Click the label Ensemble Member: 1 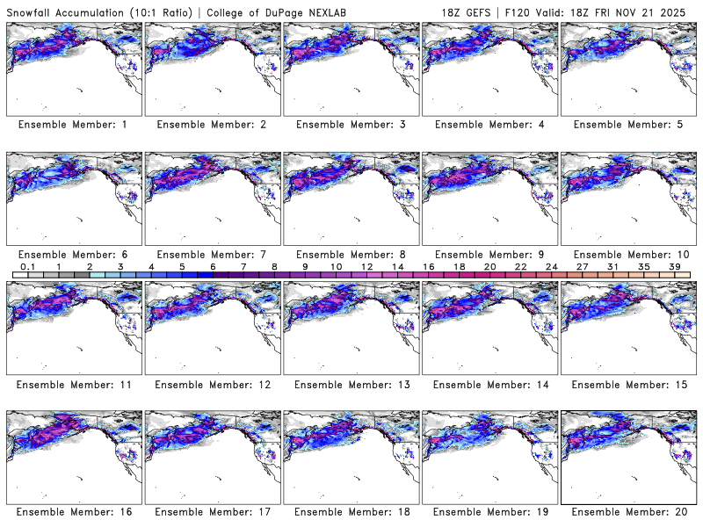click(x=72, y=125)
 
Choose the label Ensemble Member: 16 click(x=72, y=512)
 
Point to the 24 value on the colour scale click(x=552, y=266)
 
